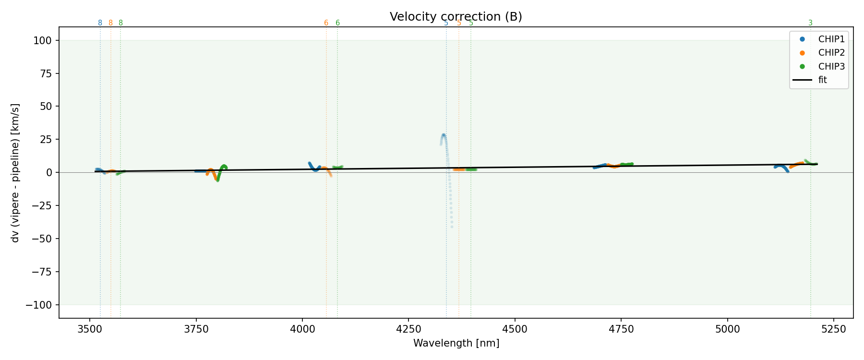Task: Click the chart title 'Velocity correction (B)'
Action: (456, 17)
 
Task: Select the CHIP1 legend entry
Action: (831, 39)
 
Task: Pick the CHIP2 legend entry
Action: (831, 53)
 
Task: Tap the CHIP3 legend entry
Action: (831, 67)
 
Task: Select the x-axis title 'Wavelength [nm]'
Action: (456, 343)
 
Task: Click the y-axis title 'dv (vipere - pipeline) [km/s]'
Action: (16, 173)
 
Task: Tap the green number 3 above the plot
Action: (810, 23)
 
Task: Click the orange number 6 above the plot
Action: (326, 23)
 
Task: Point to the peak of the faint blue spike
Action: (444, 135)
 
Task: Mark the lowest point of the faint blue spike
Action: (452, 227)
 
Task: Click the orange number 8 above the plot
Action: (110, 23)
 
